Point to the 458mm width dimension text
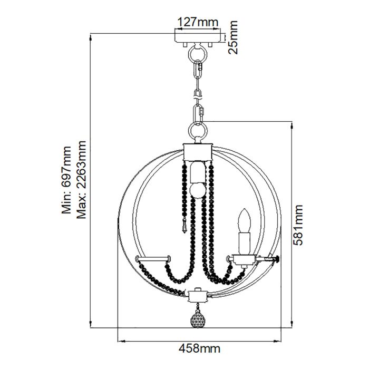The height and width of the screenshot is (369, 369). coord(199,348)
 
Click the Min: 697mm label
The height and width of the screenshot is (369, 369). coord(67,181)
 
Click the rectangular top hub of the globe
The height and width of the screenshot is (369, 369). coord(198,151)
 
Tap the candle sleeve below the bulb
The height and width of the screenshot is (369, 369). coord(244,242)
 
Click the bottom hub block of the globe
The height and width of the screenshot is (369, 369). coord(198,294)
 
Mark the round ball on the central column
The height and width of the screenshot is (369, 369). coord(197,190)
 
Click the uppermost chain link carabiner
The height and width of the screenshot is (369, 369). coord(199,70)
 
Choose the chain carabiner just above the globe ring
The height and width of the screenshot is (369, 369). coord(199,112)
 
